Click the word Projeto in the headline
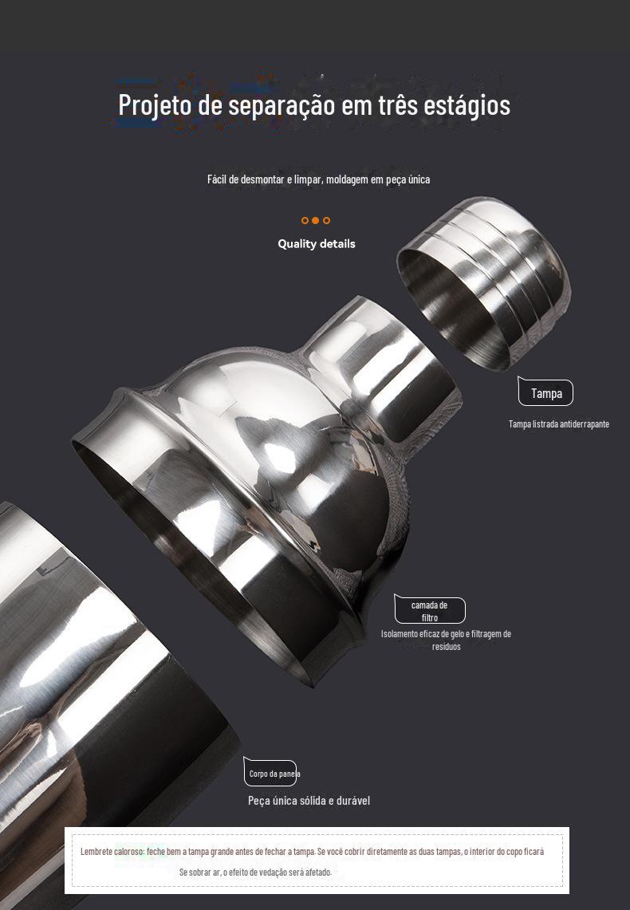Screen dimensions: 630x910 tap(155, 105)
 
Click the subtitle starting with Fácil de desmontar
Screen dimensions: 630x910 tap(318, 179)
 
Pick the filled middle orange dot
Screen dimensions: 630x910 tap(315, 221)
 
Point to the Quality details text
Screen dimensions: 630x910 tap(316, 244)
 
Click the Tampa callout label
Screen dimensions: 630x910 tap(546, 393)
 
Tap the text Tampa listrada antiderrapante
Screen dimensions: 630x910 tap(559, 424)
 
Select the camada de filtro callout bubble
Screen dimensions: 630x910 tap(430, 611)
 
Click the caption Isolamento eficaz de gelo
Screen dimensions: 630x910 tap(446, 640)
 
